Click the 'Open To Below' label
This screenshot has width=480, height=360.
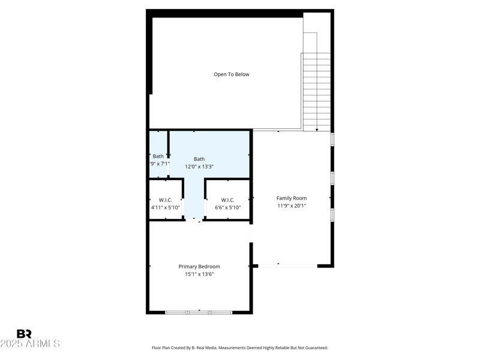click(232, 74)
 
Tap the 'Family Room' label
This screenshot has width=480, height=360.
click(292, 198)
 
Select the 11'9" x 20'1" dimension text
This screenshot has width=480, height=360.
click(292, 206)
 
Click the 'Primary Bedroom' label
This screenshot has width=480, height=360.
click(199, 266)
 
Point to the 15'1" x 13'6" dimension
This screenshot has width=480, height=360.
click(199, 274)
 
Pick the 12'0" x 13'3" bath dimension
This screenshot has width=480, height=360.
click(199, 167)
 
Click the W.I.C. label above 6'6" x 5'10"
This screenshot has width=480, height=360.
click(227, 200)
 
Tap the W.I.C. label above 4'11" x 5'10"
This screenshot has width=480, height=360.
click(166, 200)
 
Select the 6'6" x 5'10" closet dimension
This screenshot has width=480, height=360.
click(227, 208)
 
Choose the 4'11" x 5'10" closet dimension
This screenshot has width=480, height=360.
click(166, 208)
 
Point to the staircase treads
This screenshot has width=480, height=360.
click(316, 90)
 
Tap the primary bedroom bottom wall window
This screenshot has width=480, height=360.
click(199, 312)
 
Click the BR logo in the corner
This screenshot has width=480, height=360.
click(24, 334)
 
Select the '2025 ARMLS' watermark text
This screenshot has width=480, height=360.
click(30, 344)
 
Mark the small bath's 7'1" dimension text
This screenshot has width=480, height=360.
click(162, 163)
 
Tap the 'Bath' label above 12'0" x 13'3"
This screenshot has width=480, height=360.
click(199, 159)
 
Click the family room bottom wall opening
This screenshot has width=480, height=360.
click(287, 265)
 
